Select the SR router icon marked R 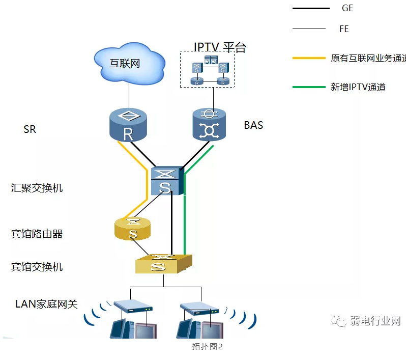point(128,125)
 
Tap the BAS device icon point(209,125)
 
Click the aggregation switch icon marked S point(166,181)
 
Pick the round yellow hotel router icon point(133,230)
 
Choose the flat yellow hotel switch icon point(163,264)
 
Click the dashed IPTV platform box point(208,69)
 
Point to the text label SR point(30,129)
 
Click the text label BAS point(253,125)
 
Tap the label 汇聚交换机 point(37,188)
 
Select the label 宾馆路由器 point(37,234)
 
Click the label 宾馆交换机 point(37,267)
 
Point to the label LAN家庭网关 point(47,304)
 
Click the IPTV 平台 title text point(220,47)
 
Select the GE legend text point(347,8)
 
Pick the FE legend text point(344,29)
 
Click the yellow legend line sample point(309,58)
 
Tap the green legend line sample point(309,87)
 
